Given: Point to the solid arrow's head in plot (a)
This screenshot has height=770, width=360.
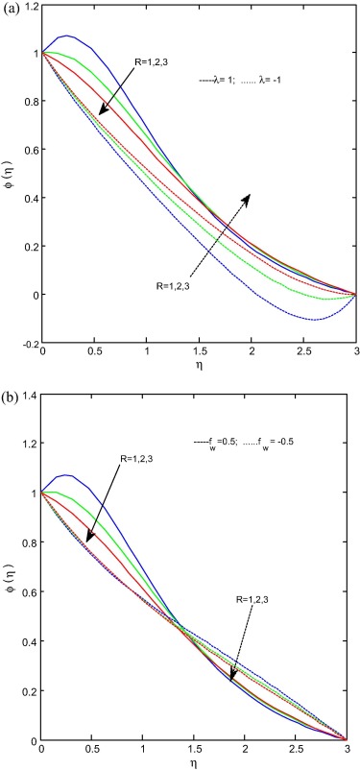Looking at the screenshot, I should [100, 116].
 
